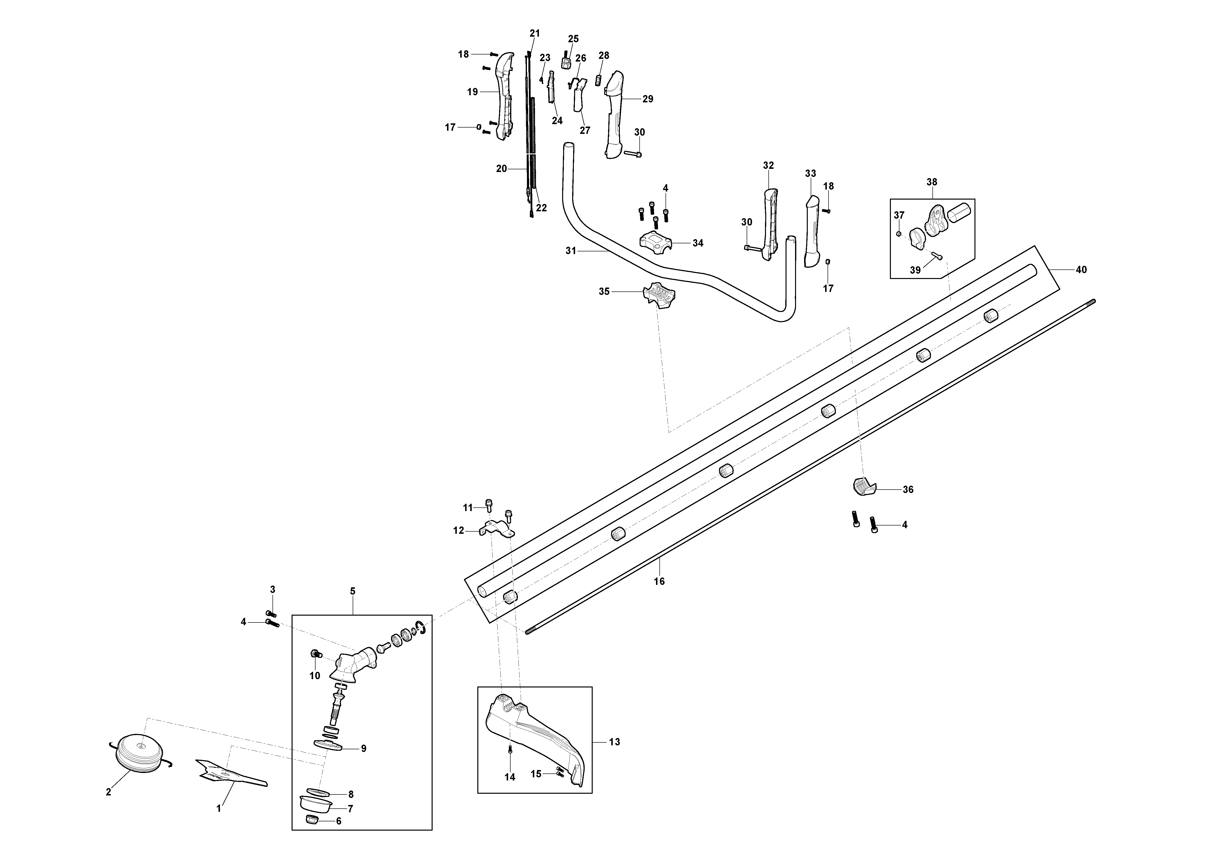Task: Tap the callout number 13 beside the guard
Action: tap(614, 742)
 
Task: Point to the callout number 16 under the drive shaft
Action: tap(659, 581)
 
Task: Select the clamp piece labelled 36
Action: tap(864, 487)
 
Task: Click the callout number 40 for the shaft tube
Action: tap(1081, 270)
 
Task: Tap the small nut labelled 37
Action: tap(899, 233)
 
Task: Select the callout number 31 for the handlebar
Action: tap(571, 251)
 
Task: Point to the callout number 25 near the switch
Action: tap(573, 39)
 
